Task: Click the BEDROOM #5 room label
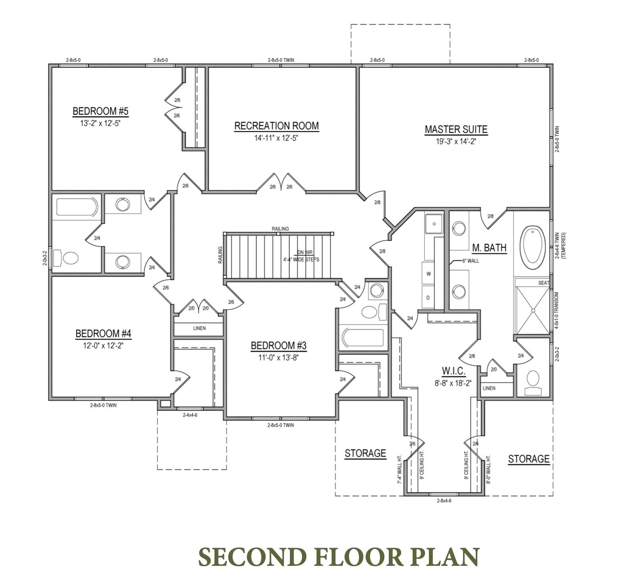[x=100, y=111]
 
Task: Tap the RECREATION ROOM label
[x=276, y=126]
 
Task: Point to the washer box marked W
[x=429, y=274]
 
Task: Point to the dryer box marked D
[x=428, y=297]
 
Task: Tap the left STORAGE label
[x=365, y=453]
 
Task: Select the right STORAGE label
[x=529, y=459]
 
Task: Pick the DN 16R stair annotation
[x=305, y=252]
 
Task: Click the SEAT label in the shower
[x=544, y=283]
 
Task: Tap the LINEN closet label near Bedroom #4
[x=199, y=328]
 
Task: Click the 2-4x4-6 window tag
[x=190, y=415]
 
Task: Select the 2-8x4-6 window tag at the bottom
[x=444, y=501]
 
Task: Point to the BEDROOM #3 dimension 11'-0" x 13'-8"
[x=278, y=357]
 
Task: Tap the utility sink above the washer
[x=434, y=224]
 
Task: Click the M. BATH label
[x=489, y=248]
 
